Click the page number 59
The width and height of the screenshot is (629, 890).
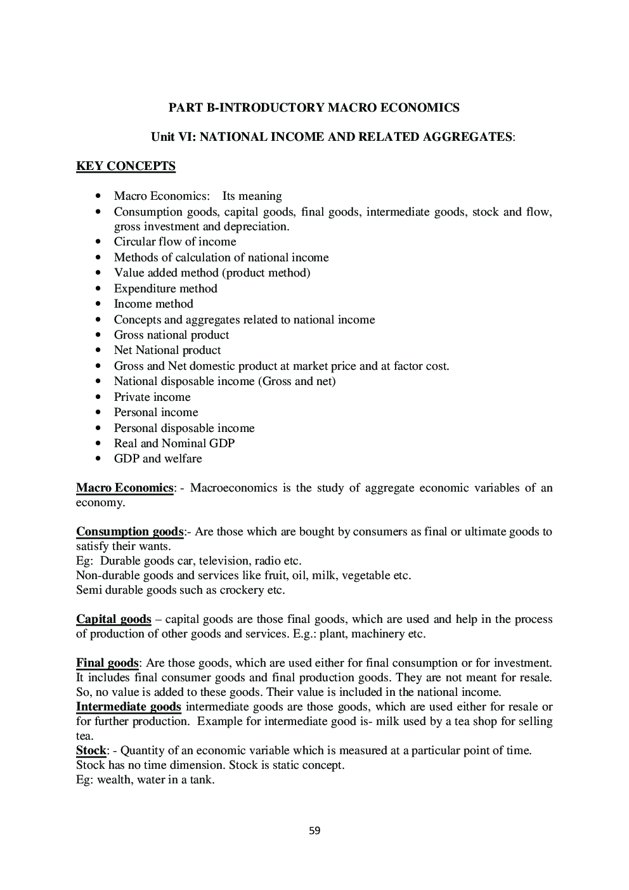314,830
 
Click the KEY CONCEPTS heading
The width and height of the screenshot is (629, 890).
126,166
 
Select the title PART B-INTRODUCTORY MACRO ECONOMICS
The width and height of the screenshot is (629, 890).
314,108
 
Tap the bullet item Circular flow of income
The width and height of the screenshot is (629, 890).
175,242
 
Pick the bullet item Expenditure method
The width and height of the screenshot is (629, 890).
165,289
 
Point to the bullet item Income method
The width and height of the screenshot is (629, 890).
153,304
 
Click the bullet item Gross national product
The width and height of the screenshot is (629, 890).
171,335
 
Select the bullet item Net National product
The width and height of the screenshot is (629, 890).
167,350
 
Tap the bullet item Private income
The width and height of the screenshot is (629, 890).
152,397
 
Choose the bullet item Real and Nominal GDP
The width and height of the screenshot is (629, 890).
174,443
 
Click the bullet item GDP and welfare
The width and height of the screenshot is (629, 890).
158,459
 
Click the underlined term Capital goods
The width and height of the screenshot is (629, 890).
113,619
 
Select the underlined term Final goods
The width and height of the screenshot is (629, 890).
107,663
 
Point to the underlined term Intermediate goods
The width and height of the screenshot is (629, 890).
129,707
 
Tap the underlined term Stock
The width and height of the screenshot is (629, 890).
91,750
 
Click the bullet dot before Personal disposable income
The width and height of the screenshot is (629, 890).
98,428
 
